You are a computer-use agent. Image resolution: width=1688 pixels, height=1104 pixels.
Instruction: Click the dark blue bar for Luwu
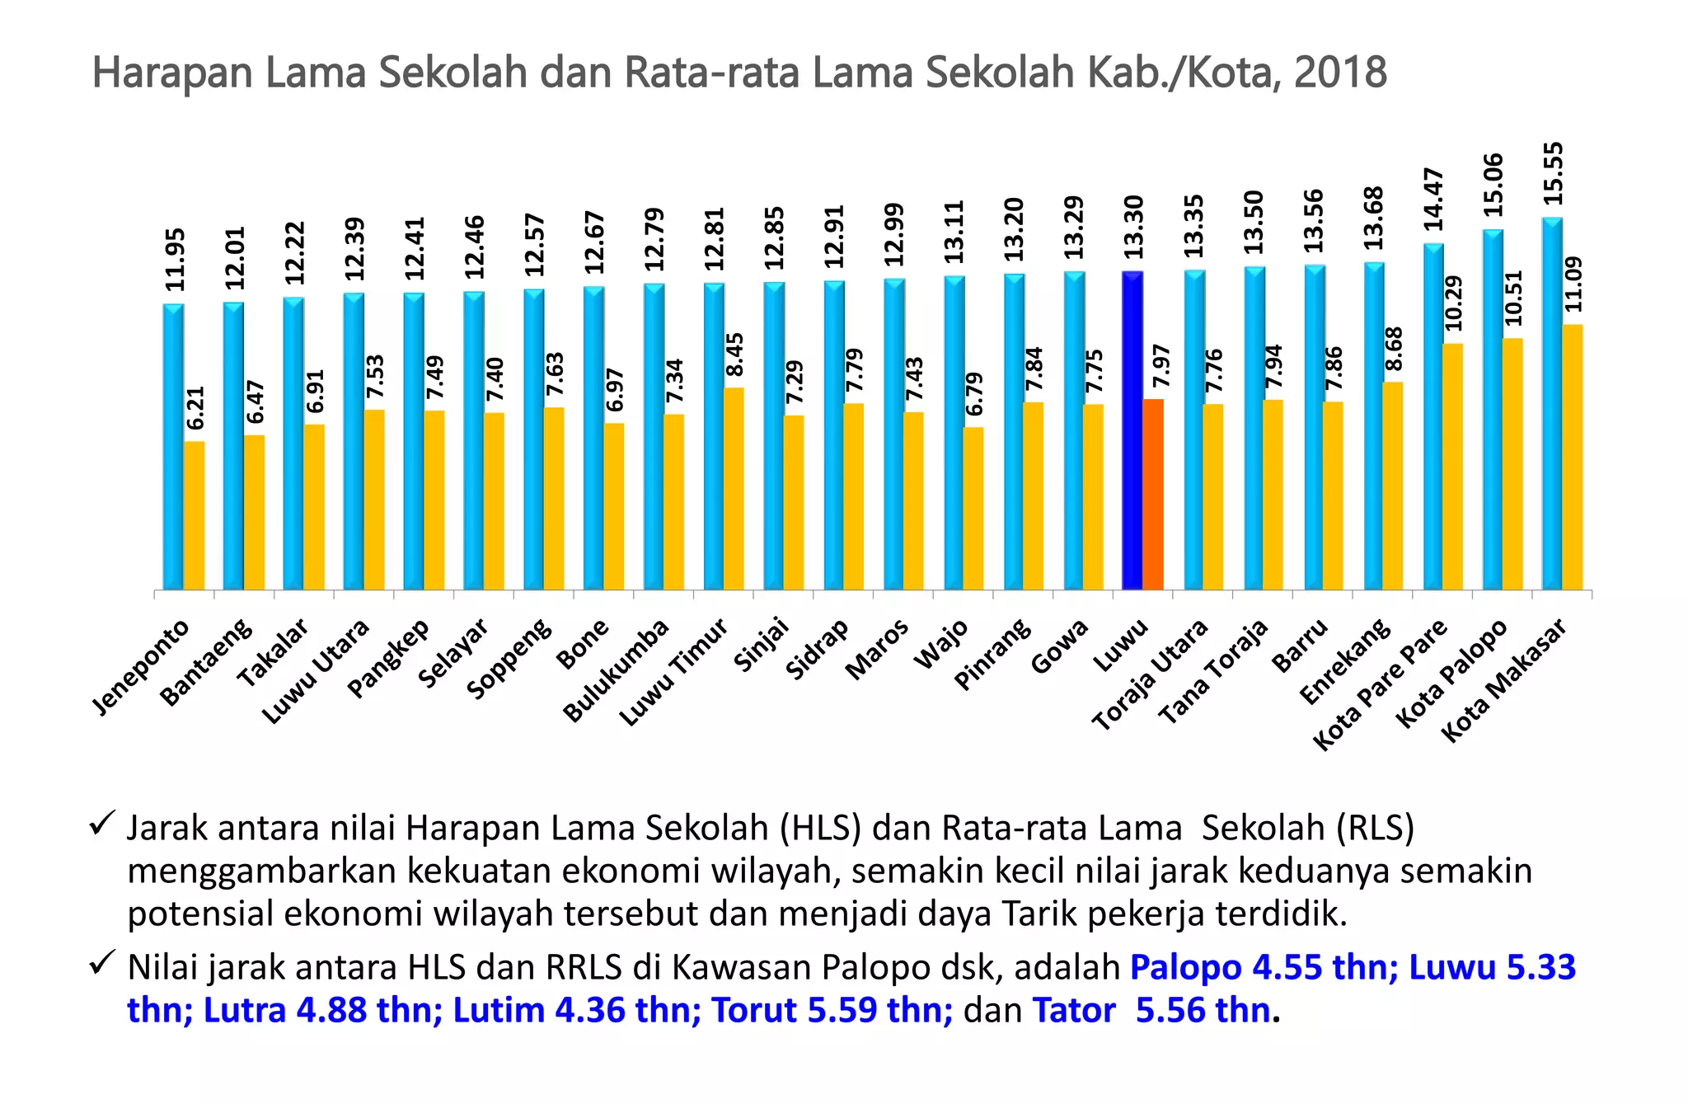tap(1132, 429)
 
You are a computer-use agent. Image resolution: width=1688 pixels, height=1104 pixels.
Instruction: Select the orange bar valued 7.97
tap(1153, 495)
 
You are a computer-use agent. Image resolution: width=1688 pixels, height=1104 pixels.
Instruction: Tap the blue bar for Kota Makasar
tap(1552, 404)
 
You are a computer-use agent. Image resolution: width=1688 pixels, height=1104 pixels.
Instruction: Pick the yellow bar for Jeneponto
tap(195, 515)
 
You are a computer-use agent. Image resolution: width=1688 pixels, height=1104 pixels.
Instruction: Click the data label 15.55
tap(1553, 174)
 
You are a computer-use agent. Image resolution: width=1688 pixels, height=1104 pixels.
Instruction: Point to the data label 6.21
tap(195, 408)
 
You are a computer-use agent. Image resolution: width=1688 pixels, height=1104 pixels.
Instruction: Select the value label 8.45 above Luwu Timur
tap(734, 355)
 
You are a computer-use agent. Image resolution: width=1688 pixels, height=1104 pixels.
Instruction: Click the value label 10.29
tap(1453, 303)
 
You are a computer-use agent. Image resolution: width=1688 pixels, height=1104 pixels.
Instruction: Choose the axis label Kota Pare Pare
tap(1380, 684)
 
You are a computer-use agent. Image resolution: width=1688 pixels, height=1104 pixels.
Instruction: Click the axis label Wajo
tap(941, 645)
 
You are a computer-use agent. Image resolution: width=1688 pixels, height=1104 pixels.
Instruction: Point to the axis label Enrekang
tap(1344, 663)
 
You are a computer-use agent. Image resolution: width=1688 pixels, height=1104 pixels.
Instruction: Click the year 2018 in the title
tap(1340, 73)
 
